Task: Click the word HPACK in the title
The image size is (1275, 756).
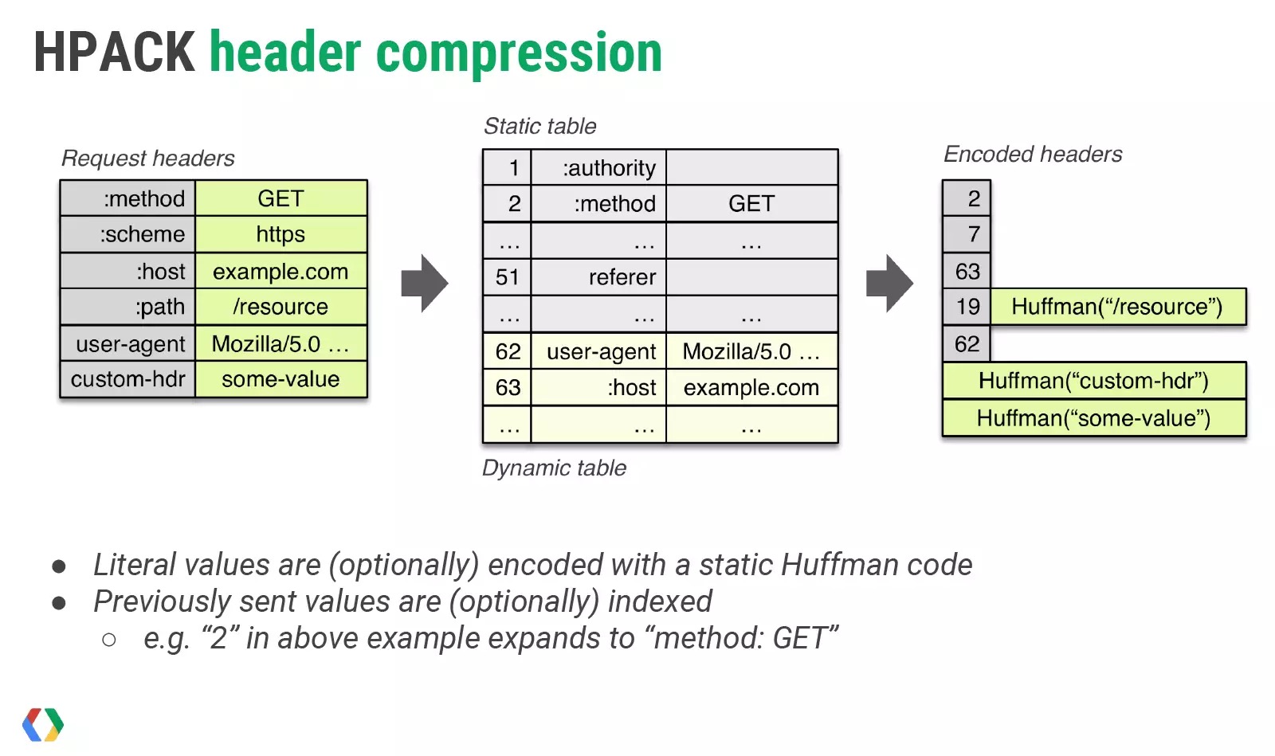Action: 115,52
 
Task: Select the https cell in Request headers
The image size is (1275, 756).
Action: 281,234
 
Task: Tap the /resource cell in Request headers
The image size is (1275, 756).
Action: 281,307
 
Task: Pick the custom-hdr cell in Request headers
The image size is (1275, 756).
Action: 128,379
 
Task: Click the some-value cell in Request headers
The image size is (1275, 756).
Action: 281,379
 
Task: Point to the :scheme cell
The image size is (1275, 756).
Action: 128,234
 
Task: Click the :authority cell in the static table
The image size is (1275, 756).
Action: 598,168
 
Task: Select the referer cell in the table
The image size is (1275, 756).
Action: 598,277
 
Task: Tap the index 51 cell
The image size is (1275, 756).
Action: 507,277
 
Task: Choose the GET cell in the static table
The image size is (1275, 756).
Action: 752,204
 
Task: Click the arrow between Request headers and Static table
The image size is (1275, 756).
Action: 425,284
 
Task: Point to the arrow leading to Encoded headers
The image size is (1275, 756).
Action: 889,284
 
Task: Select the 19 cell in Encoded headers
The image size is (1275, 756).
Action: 967,307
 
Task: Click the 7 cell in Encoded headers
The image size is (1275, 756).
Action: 967,234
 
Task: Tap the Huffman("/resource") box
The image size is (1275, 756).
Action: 1119,307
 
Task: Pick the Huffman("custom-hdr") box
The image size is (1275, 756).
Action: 1095,381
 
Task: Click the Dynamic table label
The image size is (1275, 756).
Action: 555,468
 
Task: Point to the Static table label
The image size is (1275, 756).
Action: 540,127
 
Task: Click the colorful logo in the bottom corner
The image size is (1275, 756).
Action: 43,725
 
